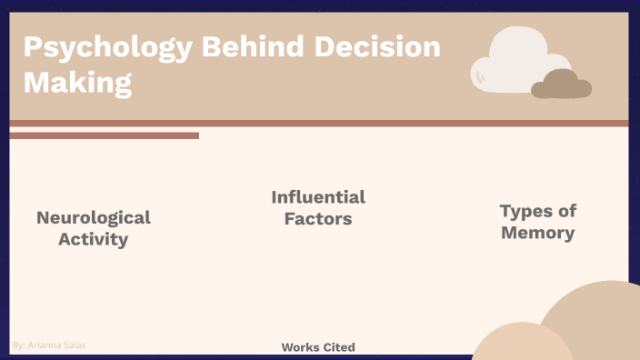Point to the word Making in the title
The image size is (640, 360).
(x=77, y=83)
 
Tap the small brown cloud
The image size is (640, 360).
(x=561, y=85)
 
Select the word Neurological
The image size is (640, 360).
(x=94, y=218)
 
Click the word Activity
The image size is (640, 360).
(x=94, y=240)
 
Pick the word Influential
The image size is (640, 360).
(x=318, y=197)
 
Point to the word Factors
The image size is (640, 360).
(x=318, y=219)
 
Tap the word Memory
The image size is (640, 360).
(x=538, y=233)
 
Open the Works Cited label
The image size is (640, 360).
(x=318, y=347)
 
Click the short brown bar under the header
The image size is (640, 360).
(x=104, y=135)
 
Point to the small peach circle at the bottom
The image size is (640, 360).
(x=521, y=346)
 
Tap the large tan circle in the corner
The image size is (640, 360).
(x=595, y=314)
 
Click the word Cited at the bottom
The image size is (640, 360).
(x=336, y=347)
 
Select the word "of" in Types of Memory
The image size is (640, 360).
(x=567, y=211)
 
